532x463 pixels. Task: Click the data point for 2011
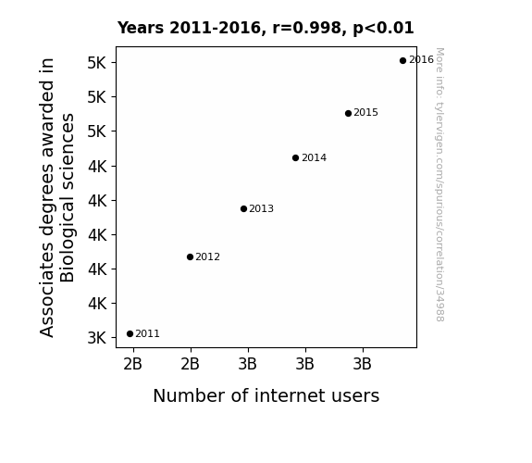pyautogui.click(x=130, y=334)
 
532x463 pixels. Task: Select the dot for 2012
pyautogui.click(x=190, y=257)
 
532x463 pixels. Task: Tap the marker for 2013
pyautogui.click(x=243, y=208)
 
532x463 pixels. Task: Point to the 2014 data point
pyautogui.click(x=295, y=158)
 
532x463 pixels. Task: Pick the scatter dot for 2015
pyautogui.click(x=348, y=113)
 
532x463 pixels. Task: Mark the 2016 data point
pyautogui.click(x=402, y=61)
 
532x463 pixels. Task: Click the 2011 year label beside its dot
pyautogui.click(x=148, y=334)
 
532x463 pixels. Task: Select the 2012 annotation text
pyautogui.click(x=207, y=257)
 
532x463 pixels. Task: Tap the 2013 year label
pyautogui.click(x=261, y=208)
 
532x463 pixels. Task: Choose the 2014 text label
pyautogui.click(x=315, y=158)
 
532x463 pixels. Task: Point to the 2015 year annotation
pyautogui.click(x=365, y=112)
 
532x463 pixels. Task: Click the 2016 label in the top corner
pyautogui.click(x=421, y=60)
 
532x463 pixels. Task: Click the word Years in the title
pyautogui.click(x=141, y=28)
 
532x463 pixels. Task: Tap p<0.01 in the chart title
pyautogui.click(x=383, y=29)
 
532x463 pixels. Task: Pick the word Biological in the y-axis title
pyautogui.click(x=67, y=197)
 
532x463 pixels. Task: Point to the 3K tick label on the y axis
pyautogui.click(x=97, y=338)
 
